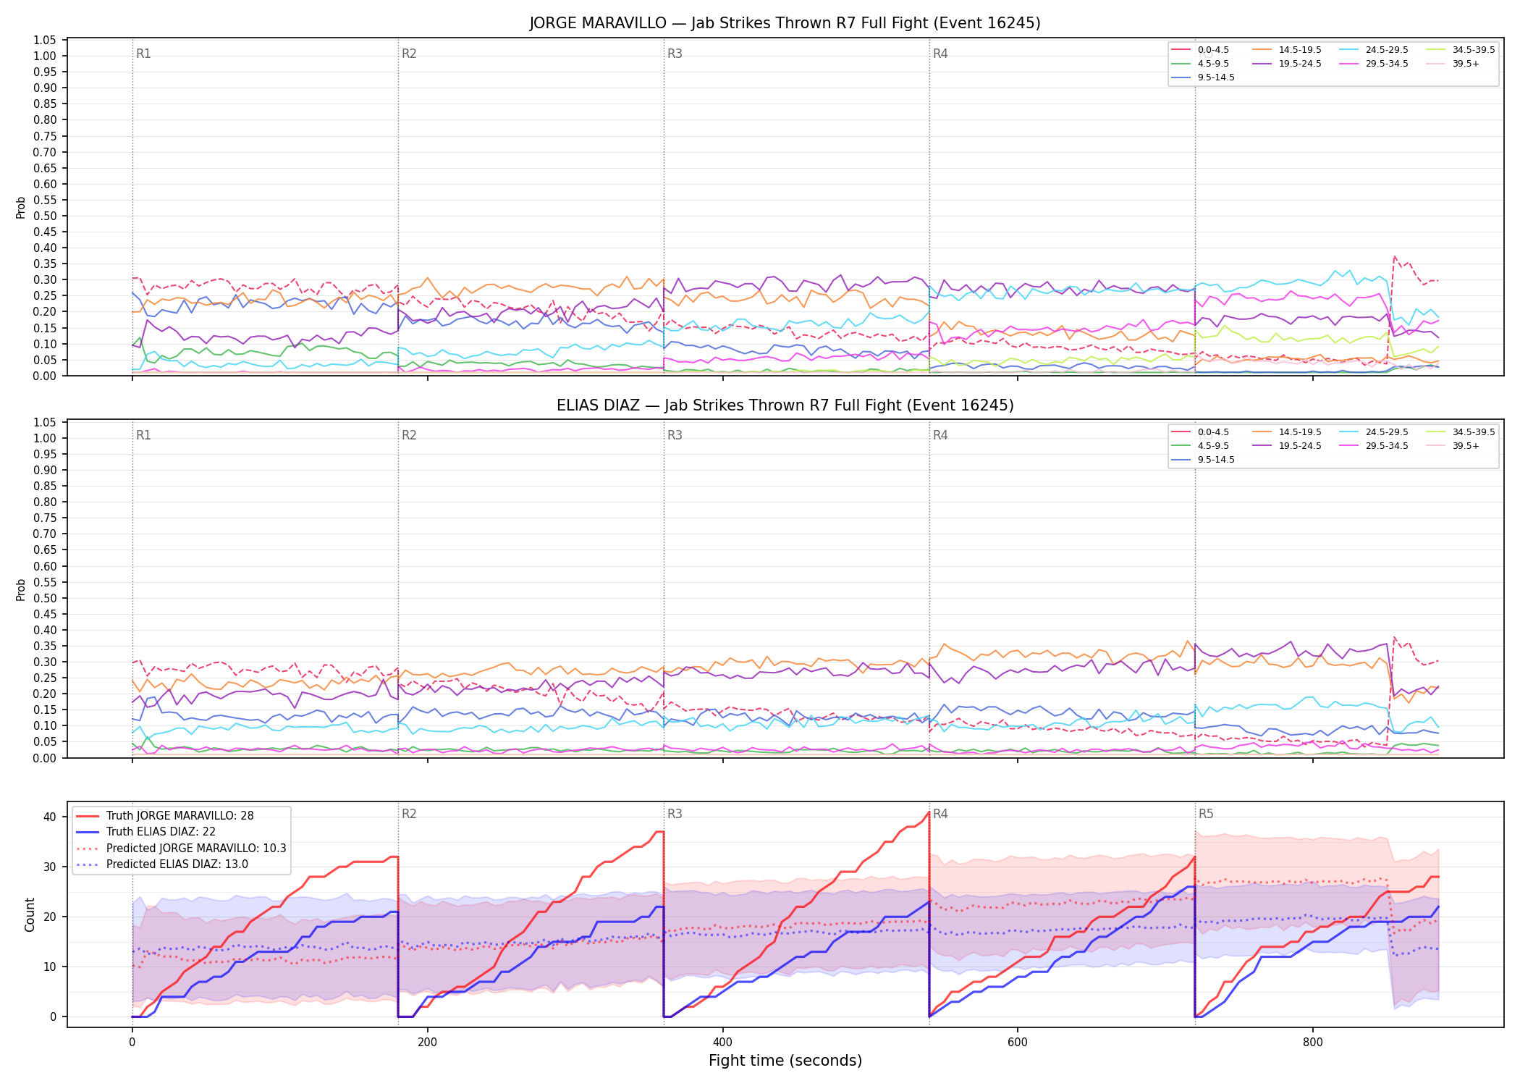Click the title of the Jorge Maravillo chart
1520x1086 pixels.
coord(785,23)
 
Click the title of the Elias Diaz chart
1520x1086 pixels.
coord(785,405)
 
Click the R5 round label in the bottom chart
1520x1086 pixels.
coord(1206,814)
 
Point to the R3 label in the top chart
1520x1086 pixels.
coord(675,54)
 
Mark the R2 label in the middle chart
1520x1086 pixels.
coord(409,435)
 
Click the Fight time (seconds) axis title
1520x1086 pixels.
coord(785,1061)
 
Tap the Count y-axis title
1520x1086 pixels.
coord(30,914)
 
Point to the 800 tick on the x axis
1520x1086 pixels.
coord(1312,1043)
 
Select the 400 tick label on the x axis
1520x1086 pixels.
coord(722,1043)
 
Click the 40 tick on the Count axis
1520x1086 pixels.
coord(50,817)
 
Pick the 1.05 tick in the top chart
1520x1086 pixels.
coord(45,40)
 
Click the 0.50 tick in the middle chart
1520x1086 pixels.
coord(45,598)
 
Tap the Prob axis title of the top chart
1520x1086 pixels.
coord(21,207)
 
